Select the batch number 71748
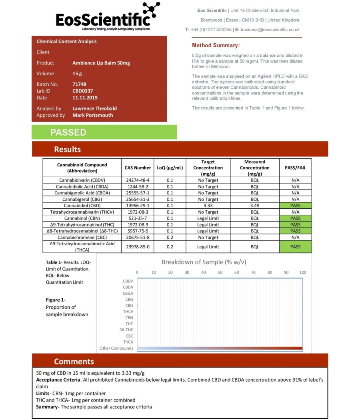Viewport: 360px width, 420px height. click(x=79, y=84)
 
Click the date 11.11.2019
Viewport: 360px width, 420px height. click(x=85, y=98)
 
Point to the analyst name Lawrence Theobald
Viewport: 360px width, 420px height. click(x=94, y=108)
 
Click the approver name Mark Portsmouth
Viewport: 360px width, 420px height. click(x=92, y=115)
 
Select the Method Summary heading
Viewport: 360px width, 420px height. click(x=216, y=46)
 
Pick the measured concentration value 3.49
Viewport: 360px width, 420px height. click(x=255, y=206)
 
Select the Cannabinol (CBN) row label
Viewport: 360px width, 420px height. click(x=82, y=218)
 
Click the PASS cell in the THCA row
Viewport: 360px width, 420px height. click(x=295, y=247)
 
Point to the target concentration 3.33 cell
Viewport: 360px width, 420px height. click(x=208, y=206)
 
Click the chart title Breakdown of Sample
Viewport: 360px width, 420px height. click(x=204, y=262)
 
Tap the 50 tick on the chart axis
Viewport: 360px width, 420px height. click(x=220, y=272)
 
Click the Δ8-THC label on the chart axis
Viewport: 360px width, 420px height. click(x=126, y=330)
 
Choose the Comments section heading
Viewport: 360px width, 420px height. click(x=74, y=362)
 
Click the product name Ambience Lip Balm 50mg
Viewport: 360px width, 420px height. click(x=101, y=63)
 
